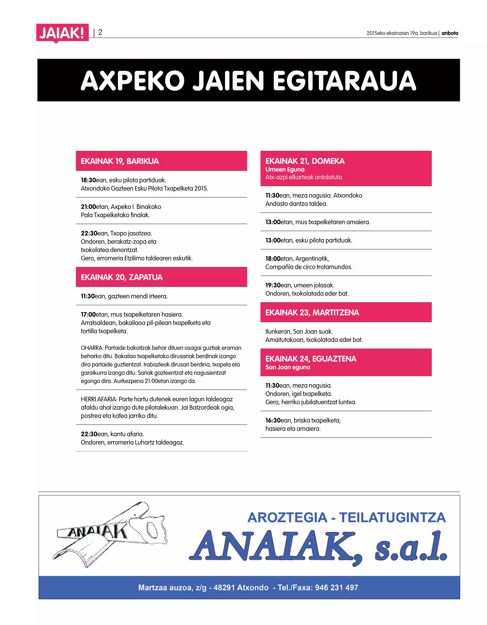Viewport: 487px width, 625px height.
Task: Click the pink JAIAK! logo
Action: tap(62, 33)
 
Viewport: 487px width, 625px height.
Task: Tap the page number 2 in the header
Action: tap(100, 32)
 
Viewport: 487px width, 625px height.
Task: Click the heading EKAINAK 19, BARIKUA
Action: tap(120, 161)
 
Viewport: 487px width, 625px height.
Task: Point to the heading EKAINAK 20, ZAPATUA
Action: tap(122, 277)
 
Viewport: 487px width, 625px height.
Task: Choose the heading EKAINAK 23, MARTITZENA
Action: tap(312, 312)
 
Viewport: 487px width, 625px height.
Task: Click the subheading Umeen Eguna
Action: tap(285, 169)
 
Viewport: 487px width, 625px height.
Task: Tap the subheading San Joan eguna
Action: tap(287, 367)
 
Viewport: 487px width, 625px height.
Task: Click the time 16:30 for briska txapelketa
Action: tap(273, 420)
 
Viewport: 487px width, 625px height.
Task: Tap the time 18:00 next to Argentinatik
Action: tap(273, 259)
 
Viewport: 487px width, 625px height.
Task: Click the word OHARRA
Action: tap(92, 348)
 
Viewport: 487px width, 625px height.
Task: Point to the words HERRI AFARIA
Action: tap(99, 399)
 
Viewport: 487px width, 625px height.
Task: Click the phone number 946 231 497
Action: tap(336, 587)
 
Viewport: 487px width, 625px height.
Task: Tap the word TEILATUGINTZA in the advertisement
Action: tap(392, 518)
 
